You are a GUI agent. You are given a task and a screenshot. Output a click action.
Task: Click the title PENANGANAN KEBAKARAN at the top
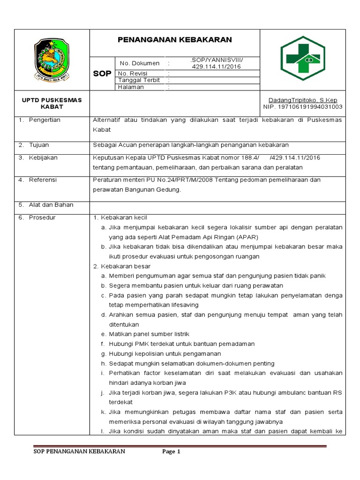(174, 40)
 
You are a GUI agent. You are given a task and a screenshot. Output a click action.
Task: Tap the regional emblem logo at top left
(52, 60)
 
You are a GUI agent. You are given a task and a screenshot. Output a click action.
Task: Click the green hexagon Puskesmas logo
(302, 58)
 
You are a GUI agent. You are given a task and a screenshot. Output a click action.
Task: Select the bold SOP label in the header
(102, 74)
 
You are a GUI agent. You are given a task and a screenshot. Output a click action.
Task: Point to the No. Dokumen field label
(140, 63)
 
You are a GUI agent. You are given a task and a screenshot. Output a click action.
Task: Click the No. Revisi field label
(133, 74)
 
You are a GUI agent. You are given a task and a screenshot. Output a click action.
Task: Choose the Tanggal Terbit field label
(139, 80)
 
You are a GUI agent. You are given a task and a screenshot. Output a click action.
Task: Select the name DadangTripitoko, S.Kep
(302, 100)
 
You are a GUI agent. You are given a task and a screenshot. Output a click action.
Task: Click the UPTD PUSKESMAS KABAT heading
(52, 104)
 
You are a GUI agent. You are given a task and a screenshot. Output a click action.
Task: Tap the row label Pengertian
(44, 120)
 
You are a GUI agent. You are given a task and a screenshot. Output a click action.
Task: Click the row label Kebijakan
(43, 157)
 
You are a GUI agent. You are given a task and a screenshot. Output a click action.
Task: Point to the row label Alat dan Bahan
(51, 205)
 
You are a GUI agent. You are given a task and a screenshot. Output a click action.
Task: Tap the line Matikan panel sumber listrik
(149, 334)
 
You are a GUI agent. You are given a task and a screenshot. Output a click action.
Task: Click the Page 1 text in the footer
(171, 451)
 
